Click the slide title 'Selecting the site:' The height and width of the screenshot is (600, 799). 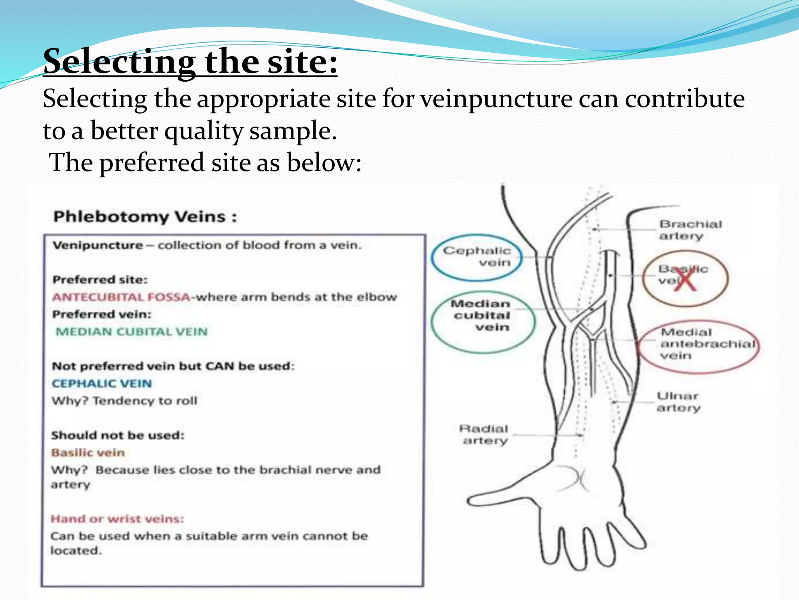[x=190, y=61]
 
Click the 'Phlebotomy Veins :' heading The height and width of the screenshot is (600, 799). [x=145, y=216]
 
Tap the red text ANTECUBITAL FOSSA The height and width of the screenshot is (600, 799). [x=121, y=297]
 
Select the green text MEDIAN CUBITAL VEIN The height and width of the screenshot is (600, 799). [x=131, y=332]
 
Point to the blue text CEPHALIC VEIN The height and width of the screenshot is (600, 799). [x=101, y=384]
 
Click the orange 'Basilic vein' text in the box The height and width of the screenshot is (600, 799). [x=88, y=453]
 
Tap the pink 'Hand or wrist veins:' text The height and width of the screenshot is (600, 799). [x=117, y=519]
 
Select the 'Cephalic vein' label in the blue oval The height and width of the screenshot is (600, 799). [x=477, y=257]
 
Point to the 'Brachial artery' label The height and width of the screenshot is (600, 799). [x=690, y=230]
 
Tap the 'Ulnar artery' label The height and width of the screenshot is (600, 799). [x=678, y=402]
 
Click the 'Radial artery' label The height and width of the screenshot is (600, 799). [x=484, y=434]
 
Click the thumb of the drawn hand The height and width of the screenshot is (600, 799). [x=492, y=500]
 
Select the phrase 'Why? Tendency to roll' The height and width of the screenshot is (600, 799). [x=124, y=401]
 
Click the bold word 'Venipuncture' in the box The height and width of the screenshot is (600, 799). [x=98, y=245]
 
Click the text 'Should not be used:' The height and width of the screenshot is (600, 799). [x=117, y=435]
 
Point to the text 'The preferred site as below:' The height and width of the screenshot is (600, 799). [x=206, y=162]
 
